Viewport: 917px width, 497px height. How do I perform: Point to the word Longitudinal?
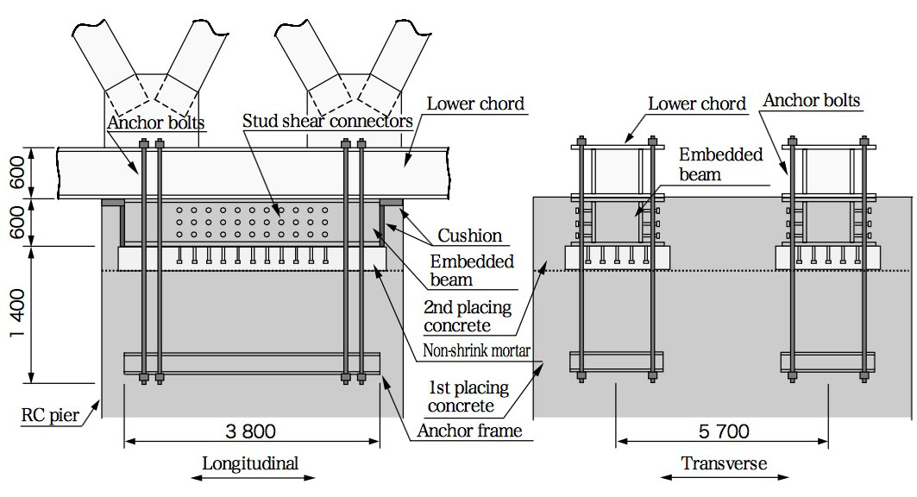(x=250, y=463)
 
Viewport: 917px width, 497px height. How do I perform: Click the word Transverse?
(x=724, y=463)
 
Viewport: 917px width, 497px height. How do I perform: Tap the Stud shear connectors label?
(x=328, y=121)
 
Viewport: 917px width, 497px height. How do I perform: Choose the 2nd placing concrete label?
(x=468, y=316)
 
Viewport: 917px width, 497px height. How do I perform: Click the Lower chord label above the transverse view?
(x=697, y=104)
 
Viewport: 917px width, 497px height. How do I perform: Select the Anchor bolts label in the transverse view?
(x=811, y=101)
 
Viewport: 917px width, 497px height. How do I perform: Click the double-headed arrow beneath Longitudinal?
(x=250, y=477)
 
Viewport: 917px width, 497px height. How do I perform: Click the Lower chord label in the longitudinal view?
(x=476, y=104)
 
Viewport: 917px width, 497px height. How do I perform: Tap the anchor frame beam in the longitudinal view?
(x=252, y=363)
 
